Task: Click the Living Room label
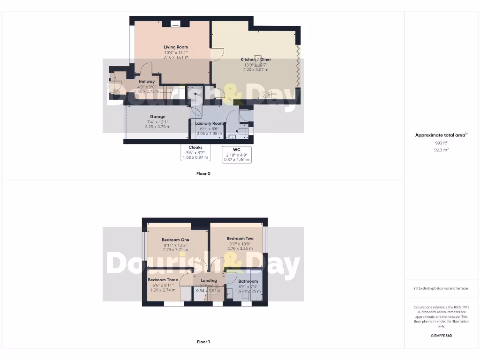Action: click(176, 47)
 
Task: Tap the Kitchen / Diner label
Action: click(255, 60)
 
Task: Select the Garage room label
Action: click(157, 117)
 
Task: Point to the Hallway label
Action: click(146, 82)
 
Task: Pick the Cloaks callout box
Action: click(195, 152)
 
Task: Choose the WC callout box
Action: click(236, 154)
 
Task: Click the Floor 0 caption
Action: click(203, 173)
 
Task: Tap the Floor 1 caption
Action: click(203, 342)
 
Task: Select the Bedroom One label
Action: click(175, 240)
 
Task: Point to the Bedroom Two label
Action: click(240, 239)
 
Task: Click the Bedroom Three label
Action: click(163, 280)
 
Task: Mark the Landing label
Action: click(209, 281)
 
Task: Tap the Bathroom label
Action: click(248, 281)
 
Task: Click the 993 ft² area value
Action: click(441, 143)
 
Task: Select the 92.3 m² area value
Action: click(441, 150)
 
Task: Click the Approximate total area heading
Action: click(441, 135)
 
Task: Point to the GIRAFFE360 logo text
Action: click(441, 336)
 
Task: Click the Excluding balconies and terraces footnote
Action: click(441, 288)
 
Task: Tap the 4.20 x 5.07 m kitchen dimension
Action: click(255, 69)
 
